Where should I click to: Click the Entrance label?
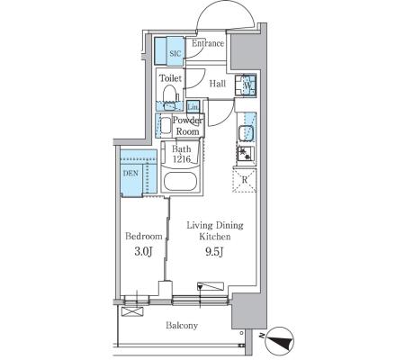tap(208, 43)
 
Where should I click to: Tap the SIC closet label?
tap(175, 54)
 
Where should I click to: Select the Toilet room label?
tap(170, 78)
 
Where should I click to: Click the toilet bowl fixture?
tap(170, 94)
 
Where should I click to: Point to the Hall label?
tap(218, 84)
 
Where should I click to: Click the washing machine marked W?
tap(246, 85)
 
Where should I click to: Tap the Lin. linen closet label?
tap(193, 107)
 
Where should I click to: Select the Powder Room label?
tap(187, 126)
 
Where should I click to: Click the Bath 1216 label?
tap(182, 154)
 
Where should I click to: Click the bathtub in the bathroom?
tap(180, 182)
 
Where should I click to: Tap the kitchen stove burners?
tap(246, 154)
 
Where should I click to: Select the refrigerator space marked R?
tap(245, 180)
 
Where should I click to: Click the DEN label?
tap(130, 173)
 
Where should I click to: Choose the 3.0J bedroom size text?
tap(144, 252)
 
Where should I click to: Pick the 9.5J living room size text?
tap(214, 252)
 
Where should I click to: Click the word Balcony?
tap(182, 325)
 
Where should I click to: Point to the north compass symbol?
tap(280, 341)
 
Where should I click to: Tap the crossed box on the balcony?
tap(132, 311)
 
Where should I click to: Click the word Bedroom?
tap(144, 237)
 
